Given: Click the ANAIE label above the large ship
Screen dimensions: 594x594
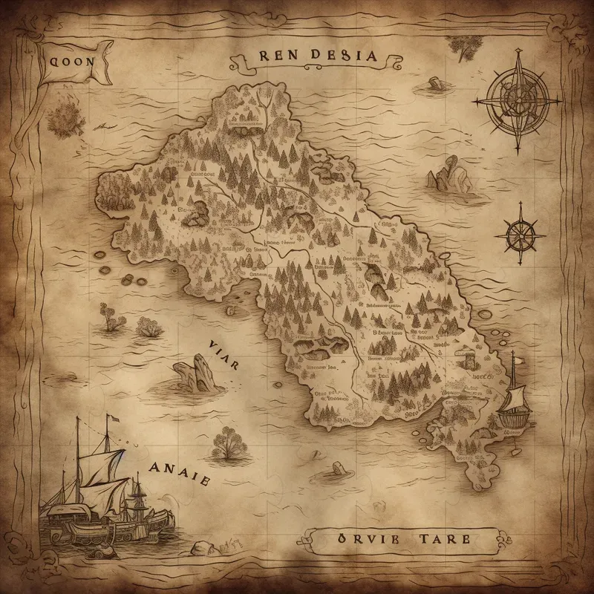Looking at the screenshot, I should pyautogui.click(x=178, y=469).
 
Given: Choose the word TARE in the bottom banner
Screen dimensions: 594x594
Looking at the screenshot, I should pyautogui.click(x=443, y=538).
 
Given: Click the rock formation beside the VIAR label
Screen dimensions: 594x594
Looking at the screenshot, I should pyautogui.click(x=195, y=371).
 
